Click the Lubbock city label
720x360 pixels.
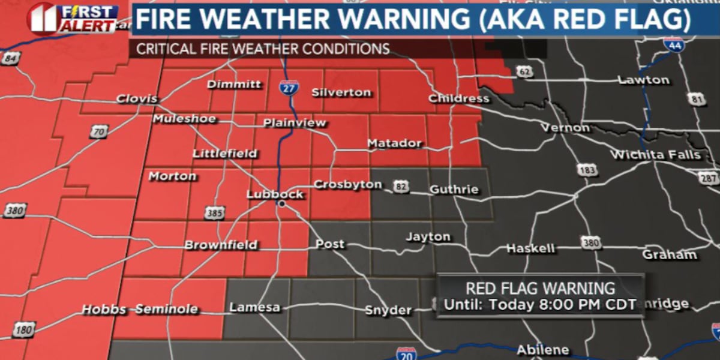(275, 194)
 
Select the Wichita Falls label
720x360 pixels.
(655, 155)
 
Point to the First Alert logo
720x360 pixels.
(72, 18)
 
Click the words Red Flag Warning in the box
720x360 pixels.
(540, 288)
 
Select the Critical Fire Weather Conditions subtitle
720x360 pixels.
(263, 49)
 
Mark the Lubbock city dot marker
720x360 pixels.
(280, 205)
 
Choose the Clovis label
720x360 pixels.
(137, 98)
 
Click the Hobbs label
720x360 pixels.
(104, 310)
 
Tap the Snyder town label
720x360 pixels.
(389, 310)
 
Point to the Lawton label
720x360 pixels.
(643, 80)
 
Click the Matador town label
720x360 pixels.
(394, 144)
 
